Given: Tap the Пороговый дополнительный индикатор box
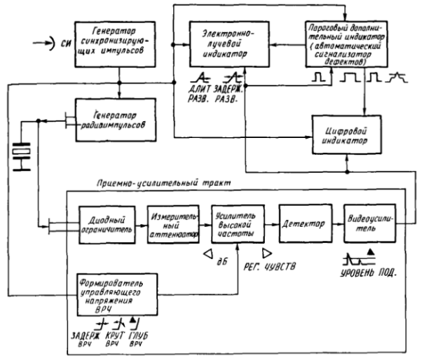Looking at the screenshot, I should pyautogui.click(x=345, y=39).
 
